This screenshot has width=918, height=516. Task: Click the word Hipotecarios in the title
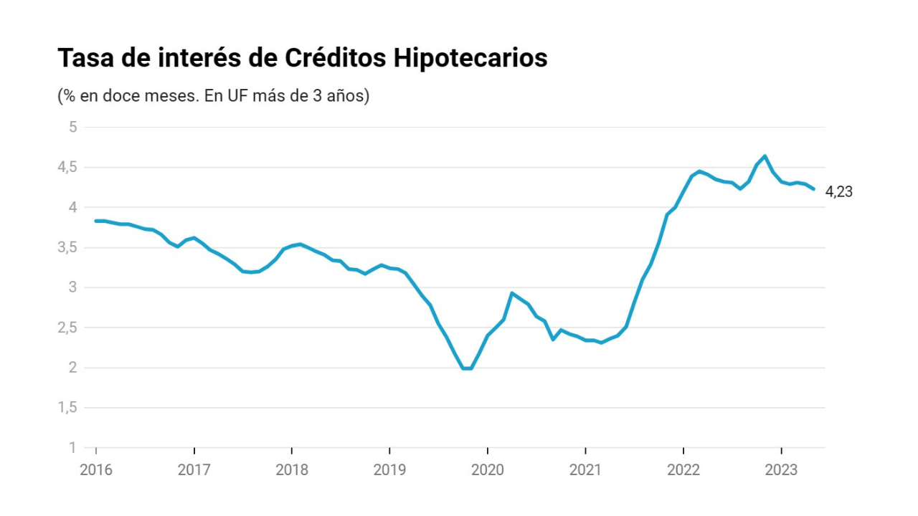coord(470,58)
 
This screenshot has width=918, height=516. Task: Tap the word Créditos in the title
coord(335,58)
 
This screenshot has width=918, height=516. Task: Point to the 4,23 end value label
coord(838,191)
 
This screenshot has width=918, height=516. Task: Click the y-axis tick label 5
coord(73,127)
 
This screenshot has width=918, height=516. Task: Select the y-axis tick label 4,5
coord(67,167)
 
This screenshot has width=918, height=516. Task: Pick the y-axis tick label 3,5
coord(67,247)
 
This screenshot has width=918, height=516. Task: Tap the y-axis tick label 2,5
coord(67,328)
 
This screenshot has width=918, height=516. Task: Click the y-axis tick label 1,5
coord(67,408)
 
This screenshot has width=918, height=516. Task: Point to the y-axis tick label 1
coord(73,448)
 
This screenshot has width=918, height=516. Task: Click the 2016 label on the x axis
coord(96,469)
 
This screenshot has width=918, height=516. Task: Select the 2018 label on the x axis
coord(292,469)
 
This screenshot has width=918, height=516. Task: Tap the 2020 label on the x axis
coord(487,469)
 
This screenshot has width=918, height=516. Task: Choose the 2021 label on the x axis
coord(585,469)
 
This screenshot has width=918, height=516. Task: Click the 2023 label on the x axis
coord(781,469)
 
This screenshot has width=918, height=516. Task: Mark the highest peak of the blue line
coord(765,156)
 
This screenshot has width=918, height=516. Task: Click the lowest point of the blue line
coord(467,368)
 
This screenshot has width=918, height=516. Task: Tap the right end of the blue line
coord(813,189)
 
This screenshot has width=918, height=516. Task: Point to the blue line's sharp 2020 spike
coord(512,293)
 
